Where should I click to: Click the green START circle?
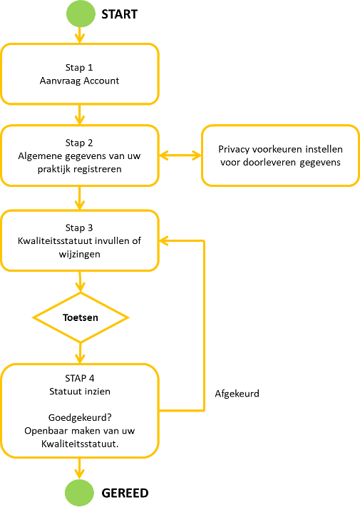click(x=81, y=14)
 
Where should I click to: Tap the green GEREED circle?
click(x=79, y=493)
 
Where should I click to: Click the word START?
click(x=119, y=14)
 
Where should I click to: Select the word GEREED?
click(x=125, y=493)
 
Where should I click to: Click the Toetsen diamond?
click(x=81, y=317)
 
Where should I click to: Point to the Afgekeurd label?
click(x=237, y=394)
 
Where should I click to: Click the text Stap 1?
click(x=79, y=67)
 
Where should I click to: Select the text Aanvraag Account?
click(x=79, y=81)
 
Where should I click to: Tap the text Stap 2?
click(x=79, y=143)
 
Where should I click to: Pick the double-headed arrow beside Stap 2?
click(x=180, y=155)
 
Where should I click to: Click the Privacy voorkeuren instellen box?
click(x=280, y=155)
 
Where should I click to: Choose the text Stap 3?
click(x=79, y=228)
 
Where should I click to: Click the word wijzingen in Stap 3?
click(x=79, y=254)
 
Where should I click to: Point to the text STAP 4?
click(x=80, y=378)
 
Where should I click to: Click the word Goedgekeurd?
click(x=80, y=417)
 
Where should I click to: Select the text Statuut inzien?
click(x=80, y=392)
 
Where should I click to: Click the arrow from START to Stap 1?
click(x=79, y=35)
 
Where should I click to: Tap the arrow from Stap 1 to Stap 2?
click(x=79, y=115)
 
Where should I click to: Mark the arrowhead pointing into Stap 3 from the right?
click(x=163, y=241)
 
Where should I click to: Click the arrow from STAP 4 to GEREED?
click(x=79, y=469)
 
